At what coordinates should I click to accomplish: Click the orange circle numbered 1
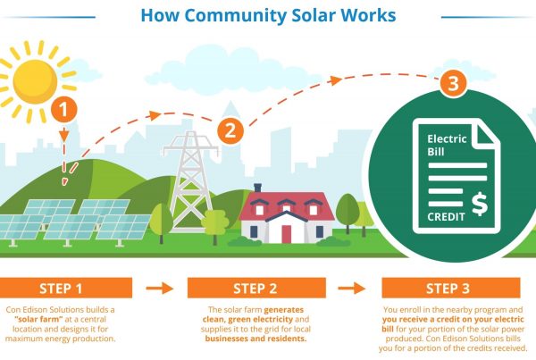pyautogui.click(x=64, y=110)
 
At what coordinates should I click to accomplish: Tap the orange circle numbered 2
pyautogui.click(x=230, y=130)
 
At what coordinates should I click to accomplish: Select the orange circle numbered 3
pyautogui.click(x=453, y=83)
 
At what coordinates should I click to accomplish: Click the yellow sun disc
pyautogui.click(x=35, y=81)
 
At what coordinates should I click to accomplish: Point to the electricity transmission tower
pyautogui.click(x=191, y=181)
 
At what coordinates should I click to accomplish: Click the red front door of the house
pyautogui.click(x=287, y=234)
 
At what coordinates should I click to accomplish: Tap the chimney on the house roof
pyautogui.click(x=258, y=188)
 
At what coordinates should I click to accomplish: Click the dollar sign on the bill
pyautogui.click(x=480, y=204)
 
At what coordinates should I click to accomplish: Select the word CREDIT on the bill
pyautogui.click(x=446, y=217)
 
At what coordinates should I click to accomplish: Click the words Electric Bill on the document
pyautogui.click(x=447, y=145)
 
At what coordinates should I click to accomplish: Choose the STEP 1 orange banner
pyautogui.click(x=65, y=288)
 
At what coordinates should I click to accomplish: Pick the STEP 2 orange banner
pyautogui.click(x=256, y=288)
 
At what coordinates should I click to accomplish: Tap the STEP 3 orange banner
pyautogui.click(x=451, y=288)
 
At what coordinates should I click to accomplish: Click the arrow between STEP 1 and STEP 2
pyautogui.click(x=160, y=288)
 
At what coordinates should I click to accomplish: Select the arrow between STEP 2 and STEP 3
pyautogui.click(x=352, y=288)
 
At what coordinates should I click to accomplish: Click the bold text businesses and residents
pyautogui.click(x=255, y=339)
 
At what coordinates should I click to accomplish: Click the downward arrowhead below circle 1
pyautogui.click(x=64, y=136)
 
